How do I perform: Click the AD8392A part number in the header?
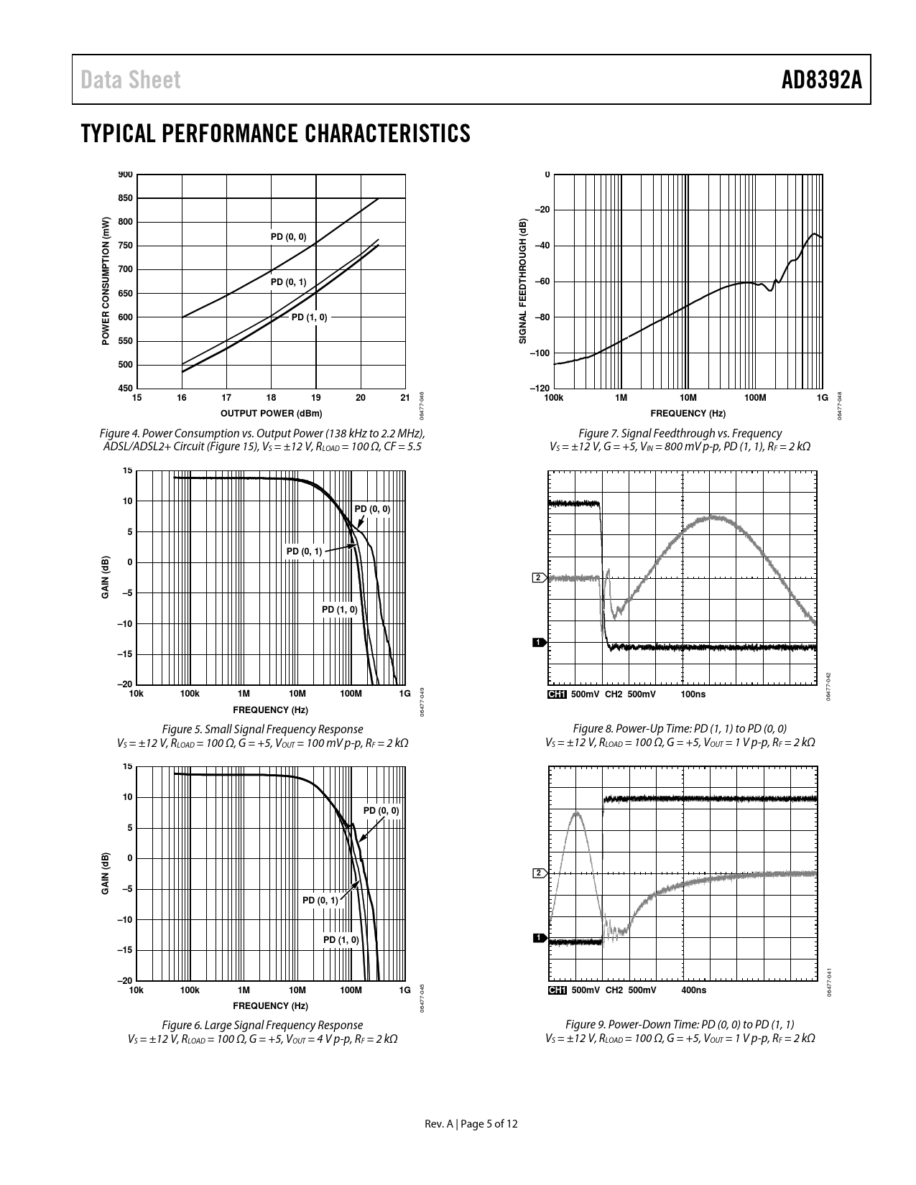pyautogui.click(x=821, y=80)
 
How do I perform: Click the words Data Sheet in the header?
pyautogui.click(x=131, y=80)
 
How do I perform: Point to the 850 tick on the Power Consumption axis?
pyautogui.click(x=125, y=198)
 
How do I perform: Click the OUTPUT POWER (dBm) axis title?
pyautogui.click(x=271, y=413)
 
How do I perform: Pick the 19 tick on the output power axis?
pyautogui.click(x=316, y=397)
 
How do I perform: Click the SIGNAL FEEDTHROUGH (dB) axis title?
pyautogui.click(x=523, y=281)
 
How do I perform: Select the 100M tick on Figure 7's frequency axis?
pyautogui.click(x=754, y=397)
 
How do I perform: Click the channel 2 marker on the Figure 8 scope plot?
pyautogui.click(x=537, y=577)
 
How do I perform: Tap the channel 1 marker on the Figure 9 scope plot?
pyautogui.click(x=537, y=938)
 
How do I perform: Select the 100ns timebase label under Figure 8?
pyautogui.click(x=693, y=694)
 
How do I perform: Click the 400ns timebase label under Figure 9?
pyautogui.click(x=693, y=990)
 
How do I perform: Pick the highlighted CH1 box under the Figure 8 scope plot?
pyautogui.click(x=557, y=694)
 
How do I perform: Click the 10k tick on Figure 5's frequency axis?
pyautogui.click(x=136, y=694)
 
